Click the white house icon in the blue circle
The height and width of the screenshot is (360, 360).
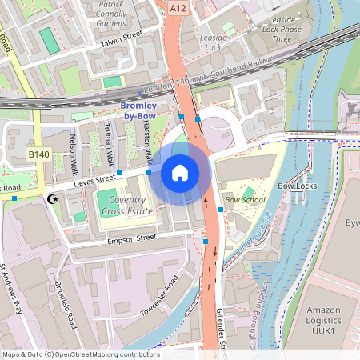180,172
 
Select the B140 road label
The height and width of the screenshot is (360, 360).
38,154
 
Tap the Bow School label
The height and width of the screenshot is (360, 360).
245,199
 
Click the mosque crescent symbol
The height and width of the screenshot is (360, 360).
54,198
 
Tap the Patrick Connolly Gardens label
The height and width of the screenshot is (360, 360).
122,13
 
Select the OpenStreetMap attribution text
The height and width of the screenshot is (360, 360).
80,354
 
